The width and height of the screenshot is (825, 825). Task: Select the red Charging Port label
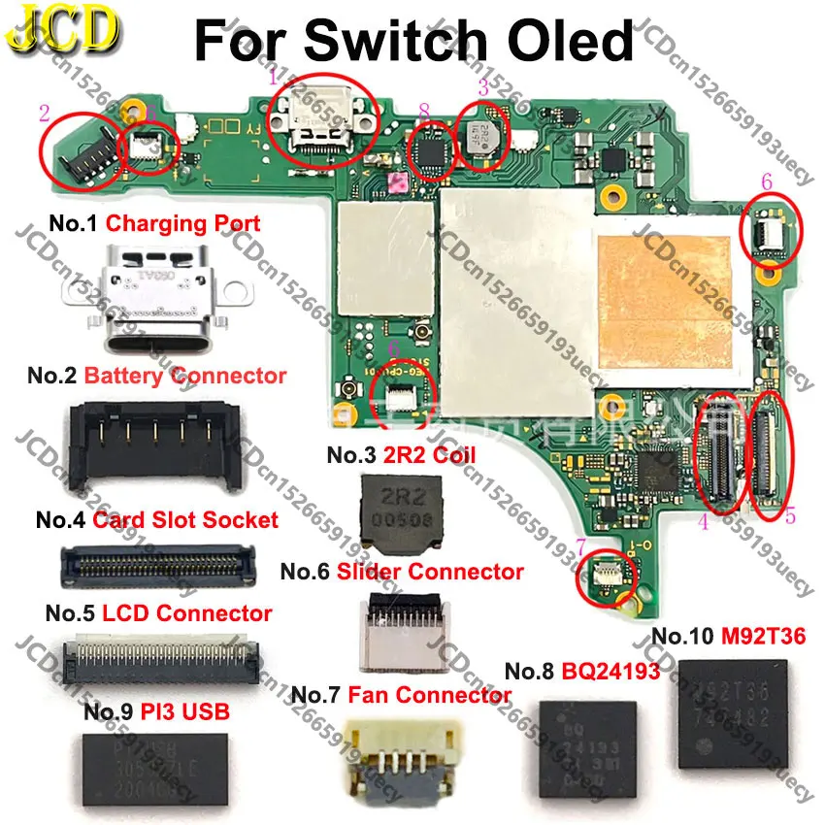[182, 223]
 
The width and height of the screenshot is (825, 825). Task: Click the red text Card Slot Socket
[185, 519]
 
